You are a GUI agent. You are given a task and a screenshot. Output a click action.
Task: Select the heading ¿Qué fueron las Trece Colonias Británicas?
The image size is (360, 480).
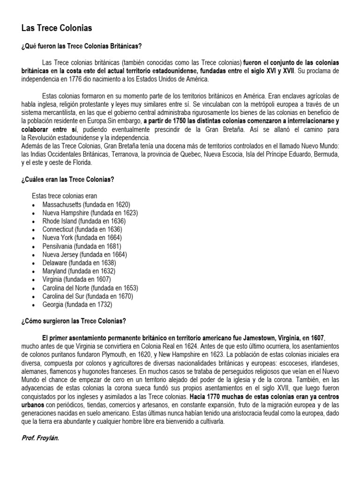point(81,46)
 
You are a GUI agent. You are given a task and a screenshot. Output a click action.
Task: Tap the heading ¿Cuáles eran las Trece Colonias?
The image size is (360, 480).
point(68,180)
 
